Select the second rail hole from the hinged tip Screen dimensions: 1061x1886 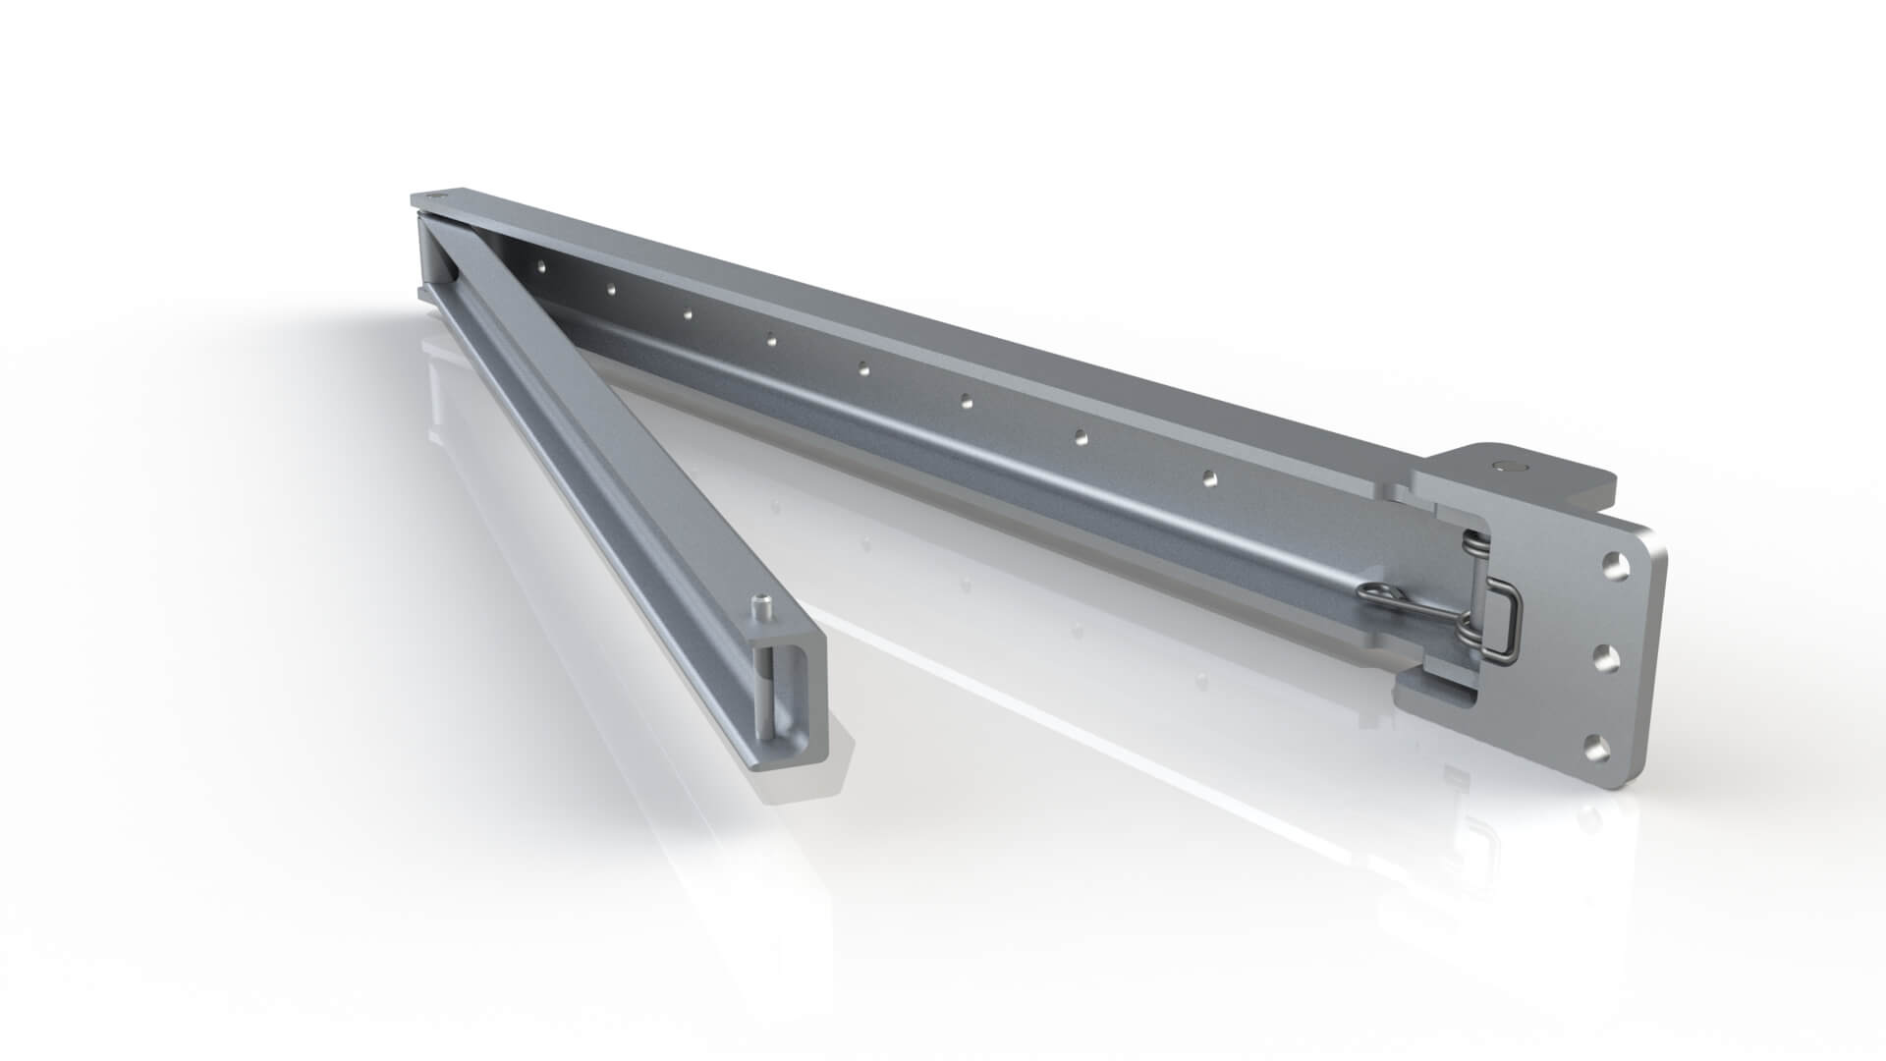click(x=610, y=289)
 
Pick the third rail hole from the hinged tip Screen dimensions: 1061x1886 click(x=688, y=314)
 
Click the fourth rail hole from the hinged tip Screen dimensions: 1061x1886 click(x=772, y=341)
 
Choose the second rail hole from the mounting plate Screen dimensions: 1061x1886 click(x=1081, y=434)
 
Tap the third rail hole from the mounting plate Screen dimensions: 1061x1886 click(x=967, y=401)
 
